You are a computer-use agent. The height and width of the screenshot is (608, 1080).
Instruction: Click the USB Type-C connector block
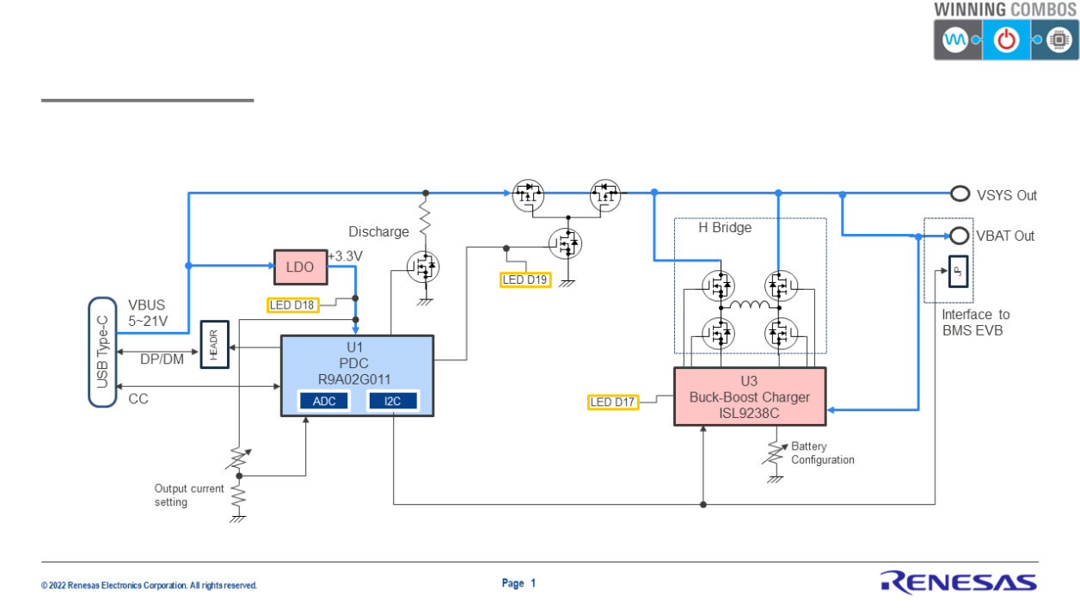[102, 352]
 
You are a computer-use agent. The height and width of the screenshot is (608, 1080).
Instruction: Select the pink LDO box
[300, 267]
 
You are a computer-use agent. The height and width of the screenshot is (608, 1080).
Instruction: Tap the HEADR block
[214, 344]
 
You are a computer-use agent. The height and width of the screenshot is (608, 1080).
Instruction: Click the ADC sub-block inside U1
[324, 401]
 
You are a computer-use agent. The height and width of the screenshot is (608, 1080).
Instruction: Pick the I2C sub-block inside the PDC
[392, 401]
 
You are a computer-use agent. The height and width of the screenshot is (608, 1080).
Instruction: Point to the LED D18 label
[292, 304]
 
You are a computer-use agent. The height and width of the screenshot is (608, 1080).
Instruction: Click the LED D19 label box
[525, 279]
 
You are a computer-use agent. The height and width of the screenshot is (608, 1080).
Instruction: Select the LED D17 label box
[613, 402]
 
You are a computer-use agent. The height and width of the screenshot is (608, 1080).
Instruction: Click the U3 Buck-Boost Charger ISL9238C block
[749, 396]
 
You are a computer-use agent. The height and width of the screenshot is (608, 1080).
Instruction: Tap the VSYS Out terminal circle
[960, 194]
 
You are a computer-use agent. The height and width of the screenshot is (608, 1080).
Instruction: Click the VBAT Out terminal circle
[960, 235]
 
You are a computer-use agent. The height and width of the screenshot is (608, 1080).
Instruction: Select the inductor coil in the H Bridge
[749, 305]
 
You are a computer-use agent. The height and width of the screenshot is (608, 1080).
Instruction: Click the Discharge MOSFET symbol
[424, 268]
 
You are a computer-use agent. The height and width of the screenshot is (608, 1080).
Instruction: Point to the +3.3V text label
[345, 256]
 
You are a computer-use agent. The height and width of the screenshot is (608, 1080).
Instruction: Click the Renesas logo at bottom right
[958, 582]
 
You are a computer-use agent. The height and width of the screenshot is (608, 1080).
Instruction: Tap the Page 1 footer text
[519, 583]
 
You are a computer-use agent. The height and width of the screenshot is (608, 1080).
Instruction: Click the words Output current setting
[189, 495]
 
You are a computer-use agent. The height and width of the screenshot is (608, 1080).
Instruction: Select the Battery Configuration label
[823, 453]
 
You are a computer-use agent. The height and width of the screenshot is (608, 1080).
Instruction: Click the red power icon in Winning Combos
[1006, 40]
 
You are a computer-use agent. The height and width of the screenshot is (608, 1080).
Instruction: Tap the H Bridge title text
[724, 228]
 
